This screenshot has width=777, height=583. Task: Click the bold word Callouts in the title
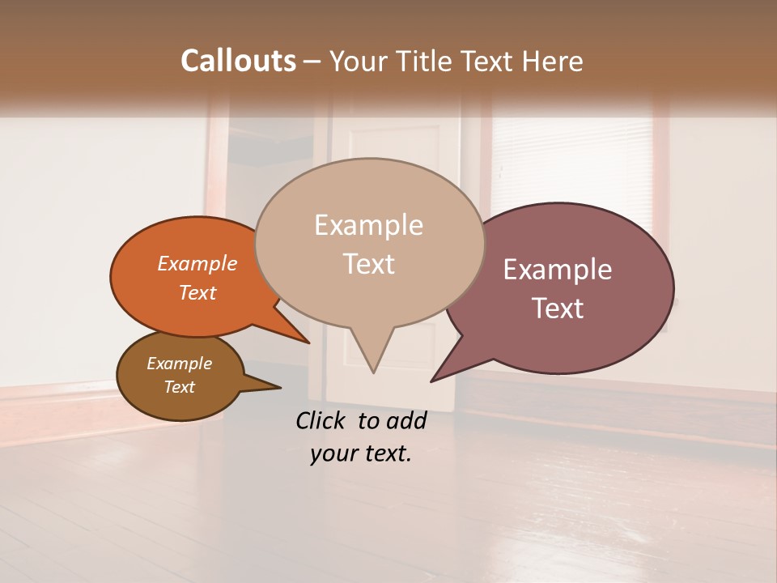[238, 61]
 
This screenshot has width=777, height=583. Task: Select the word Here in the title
[550, 61]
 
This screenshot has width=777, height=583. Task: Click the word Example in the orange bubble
[197, 263]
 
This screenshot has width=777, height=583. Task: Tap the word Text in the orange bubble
[197, 292]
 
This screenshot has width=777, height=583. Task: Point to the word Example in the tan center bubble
[368, 225]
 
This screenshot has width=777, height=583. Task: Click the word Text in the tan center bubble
[368, 264]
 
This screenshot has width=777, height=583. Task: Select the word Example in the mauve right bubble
[557, 270]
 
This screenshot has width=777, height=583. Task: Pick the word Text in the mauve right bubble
[557, 309]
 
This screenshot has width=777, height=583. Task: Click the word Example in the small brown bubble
[179, 364]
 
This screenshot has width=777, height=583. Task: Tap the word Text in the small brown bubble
[179, 387]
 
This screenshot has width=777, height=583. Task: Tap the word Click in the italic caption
[323, 420]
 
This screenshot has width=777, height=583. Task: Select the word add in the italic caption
[406, 420]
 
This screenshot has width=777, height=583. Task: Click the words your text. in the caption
[360, 453]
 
